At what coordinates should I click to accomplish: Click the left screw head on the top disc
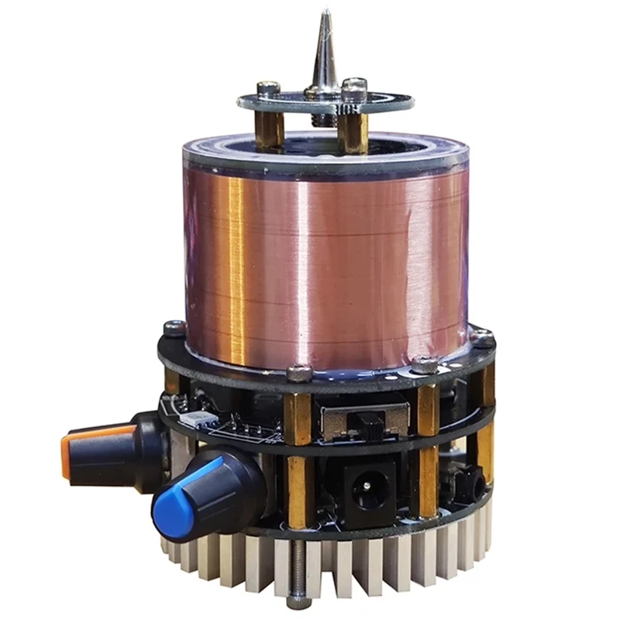[267, 89]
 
